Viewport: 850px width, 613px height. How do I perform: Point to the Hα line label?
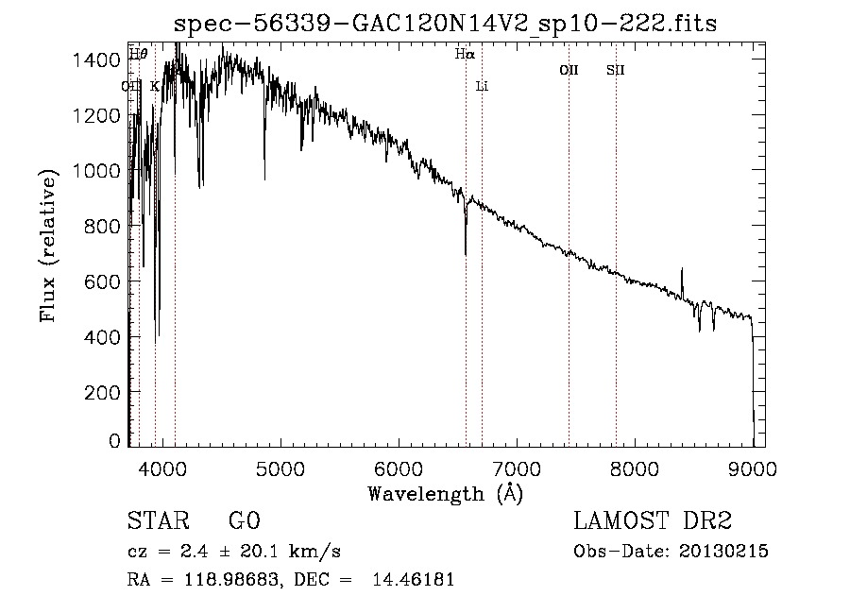click(x=464, y=55)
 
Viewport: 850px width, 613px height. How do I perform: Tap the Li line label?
click(x=482, y=86)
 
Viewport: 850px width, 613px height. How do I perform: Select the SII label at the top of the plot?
click(x=616, y=70)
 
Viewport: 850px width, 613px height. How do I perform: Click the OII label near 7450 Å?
click(x=569, y=70)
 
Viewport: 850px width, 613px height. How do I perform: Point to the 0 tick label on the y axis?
click(x=114, y=441)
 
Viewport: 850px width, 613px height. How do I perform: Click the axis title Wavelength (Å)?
click(x=444, y=492)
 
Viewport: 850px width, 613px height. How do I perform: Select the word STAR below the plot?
click(x=156, y=521)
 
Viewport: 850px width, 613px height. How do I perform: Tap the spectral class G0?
click(x=243, y=521)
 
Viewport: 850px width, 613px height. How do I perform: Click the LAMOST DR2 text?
click(x=653, y=521)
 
